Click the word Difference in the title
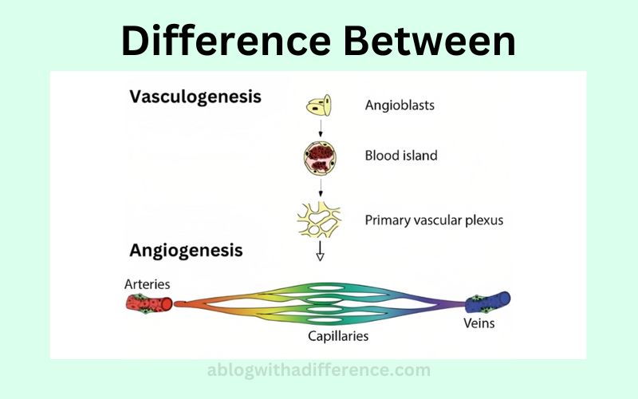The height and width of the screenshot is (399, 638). [226, 41]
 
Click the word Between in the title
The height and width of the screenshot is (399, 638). [430, 41]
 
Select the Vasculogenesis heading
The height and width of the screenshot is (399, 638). [195, 97]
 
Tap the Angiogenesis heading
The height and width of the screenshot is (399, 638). [186, 251]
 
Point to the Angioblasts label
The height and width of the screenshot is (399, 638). [400, 105]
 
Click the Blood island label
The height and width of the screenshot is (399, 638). [401, 156]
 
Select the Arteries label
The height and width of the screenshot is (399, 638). [148, 284]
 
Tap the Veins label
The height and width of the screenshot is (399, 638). [479, 323]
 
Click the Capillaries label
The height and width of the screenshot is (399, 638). [338, 336]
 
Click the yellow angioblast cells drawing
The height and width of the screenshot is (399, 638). [319, 105]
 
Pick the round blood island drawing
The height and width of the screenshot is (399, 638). [321, 158]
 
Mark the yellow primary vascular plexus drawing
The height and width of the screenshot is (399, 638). [319, 220]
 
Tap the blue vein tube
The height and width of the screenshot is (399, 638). [487, 302]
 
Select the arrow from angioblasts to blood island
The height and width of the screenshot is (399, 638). [321, 128]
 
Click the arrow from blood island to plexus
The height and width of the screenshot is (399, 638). [321, 188]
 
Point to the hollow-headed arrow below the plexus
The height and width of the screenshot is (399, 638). [321, 251]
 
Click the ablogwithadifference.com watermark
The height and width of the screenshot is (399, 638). [318, 370]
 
